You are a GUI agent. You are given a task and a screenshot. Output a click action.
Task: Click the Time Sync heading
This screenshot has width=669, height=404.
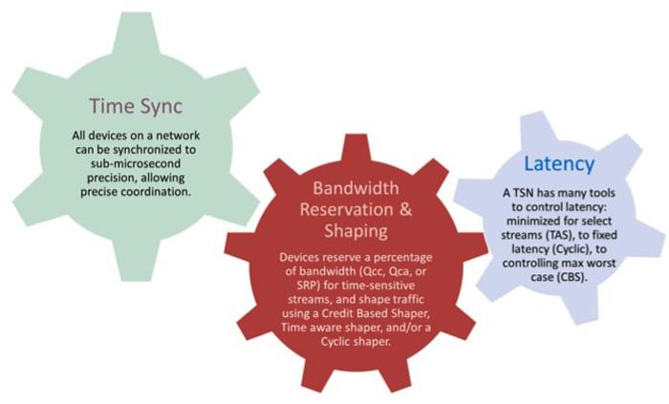[136, 106]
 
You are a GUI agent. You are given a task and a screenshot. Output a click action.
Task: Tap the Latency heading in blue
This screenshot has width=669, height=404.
[559, 163]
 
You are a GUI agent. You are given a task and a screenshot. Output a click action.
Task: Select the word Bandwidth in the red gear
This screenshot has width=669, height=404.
[356, 188]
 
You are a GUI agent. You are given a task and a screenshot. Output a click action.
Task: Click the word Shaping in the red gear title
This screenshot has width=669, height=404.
[356, 231]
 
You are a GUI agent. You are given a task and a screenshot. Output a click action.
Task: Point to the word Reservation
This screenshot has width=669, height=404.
[346, 209]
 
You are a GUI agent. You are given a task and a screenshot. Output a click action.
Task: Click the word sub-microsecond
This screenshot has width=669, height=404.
[136, 163]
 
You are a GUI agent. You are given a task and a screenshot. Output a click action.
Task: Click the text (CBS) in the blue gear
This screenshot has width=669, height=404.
[572, 277]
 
